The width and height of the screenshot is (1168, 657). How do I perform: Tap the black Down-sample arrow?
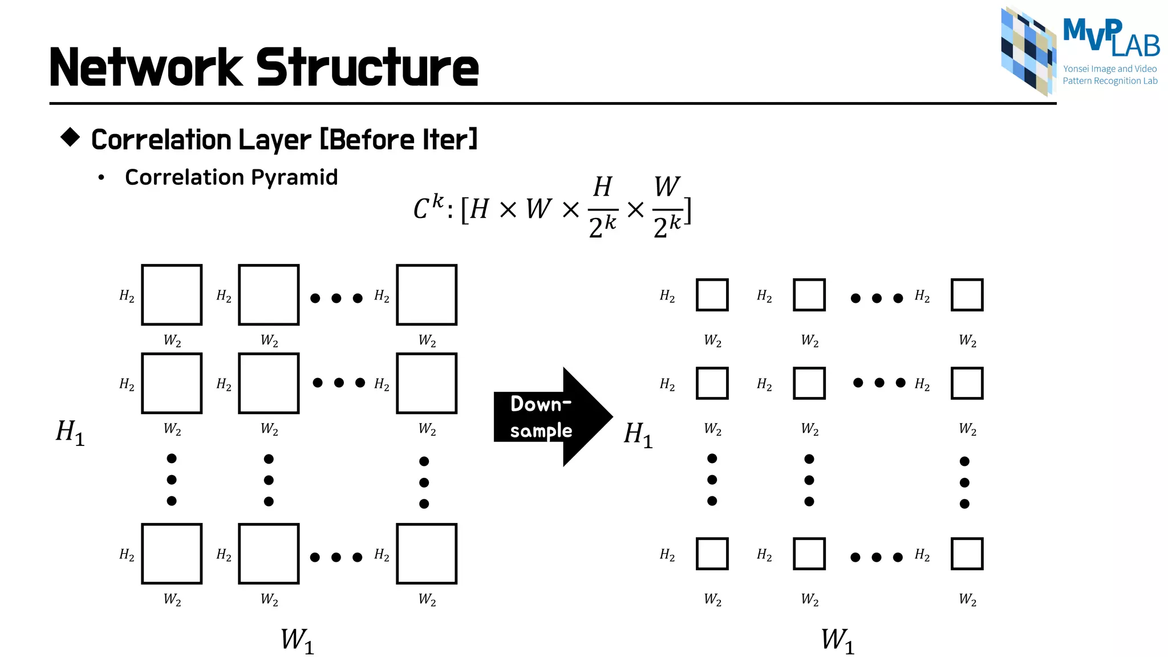click(x=547, y=417)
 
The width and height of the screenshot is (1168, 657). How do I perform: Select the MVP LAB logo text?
click(x=1111, y=38)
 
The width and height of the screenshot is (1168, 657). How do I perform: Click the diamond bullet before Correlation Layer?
click(x=70, y=137)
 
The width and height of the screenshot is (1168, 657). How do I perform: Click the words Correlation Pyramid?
click(x=231, y=177)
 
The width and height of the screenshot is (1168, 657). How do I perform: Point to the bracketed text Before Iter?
click(x=398, y=139)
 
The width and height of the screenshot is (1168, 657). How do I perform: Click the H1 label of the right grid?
click(x=638, y=434)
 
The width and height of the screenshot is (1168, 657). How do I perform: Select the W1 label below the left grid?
click(x=297, y=640)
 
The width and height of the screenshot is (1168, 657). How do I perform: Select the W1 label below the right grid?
click(x=837, y=640)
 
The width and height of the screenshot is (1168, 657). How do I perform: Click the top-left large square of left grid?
click(x=172, y=295)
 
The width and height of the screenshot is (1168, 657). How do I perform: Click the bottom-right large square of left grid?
click(x=427, y=554)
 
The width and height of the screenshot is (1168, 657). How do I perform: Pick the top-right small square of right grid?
click(x=967, y=295)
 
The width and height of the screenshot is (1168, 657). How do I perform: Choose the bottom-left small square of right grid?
click(x=712, y=554)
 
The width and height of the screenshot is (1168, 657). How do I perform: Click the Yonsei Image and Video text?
click(x=1109, y=69)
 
